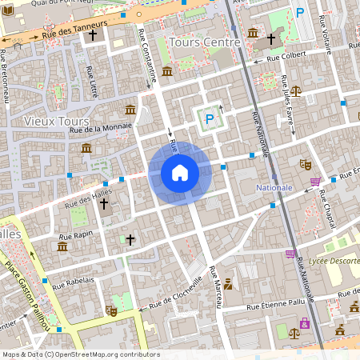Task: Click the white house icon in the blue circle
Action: tap(180, 172)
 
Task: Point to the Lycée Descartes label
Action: tap(328, 259)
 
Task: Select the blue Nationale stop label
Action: tap(274, 187)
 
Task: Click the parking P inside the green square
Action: tap(209, 118)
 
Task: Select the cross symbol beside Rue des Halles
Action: tap(103, 205)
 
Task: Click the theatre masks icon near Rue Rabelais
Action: tap(111, 310)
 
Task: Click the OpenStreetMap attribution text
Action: tap(81, 354)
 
